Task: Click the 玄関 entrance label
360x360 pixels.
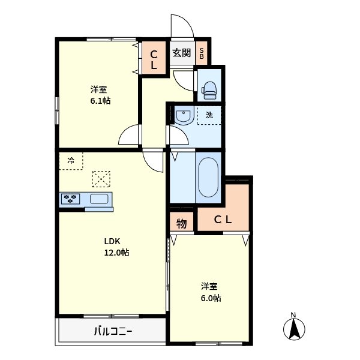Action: (x=181, y=53)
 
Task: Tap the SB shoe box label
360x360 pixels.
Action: (x=202, y=53)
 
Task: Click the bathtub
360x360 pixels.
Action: (x=208, y=177)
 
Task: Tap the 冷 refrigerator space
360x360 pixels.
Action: (x=71, y=160)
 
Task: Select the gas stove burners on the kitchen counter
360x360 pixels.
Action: (x=71, y=199)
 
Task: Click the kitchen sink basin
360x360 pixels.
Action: (x=99, y=199)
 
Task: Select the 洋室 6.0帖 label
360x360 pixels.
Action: (x=210, y=292)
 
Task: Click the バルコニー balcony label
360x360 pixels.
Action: (x=112, y=331)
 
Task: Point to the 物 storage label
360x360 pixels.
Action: (x=181, y=223)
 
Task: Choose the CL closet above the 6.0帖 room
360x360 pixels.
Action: (x=223, y=220)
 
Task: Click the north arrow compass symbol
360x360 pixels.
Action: (x=294, y=327)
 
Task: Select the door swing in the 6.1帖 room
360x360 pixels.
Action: (x=130, y=136)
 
